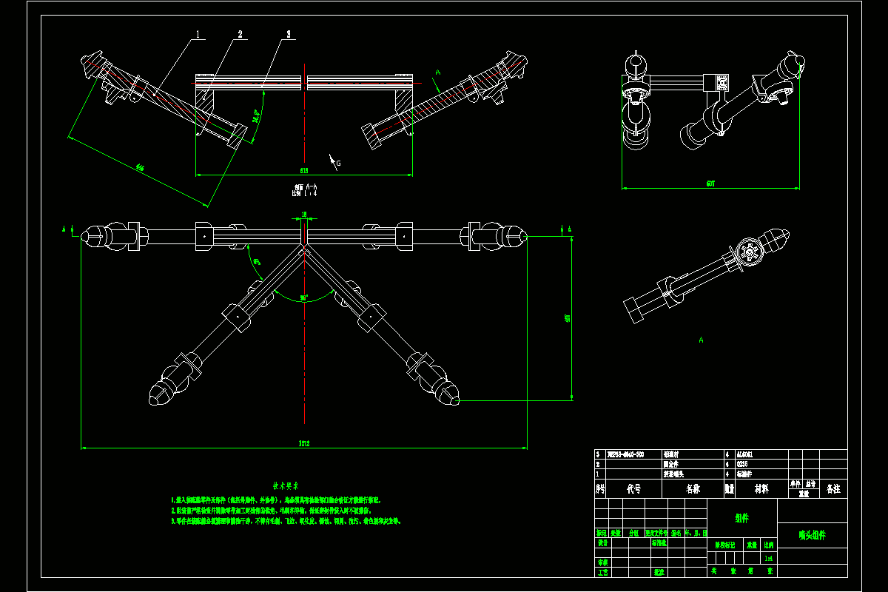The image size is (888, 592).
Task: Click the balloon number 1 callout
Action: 198,34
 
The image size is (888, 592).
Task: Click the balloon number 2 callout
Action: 240,34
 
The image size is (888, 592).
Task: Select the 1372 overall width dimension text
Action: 303,443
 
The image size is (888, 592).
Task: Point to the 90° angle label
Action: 304,297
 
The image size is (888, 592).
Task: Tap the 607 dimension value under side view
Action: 710,183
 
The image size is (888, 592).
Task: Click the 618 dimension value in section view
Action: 303,170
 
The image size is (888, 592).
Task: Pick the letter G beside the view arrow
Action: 339,162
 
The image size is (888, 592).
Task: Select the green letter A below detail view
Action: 700,340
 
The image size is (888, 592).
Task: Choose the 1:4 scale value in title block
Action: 769,559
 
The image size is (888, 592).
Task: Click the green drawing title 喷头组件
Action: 812,534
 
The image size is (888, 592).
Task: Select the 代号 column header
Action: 633,488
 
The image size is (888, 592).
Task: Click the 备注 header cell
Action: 833,488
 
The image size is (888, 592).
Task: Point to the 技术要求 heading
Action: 286,486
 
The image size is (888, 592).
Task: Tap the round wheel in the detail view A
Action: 749,252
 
